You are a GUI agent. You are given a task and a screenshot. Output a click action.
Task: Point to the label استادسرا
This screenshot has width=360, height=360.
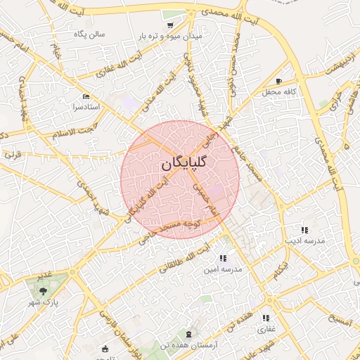point(67,108)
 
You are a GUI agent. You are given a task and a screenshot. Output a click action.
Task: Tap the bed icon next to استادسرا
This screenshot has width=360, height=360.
point(86,96)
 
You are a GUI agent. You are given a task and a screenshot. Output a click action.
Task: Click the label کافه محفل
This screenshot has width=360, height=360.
point(278,92)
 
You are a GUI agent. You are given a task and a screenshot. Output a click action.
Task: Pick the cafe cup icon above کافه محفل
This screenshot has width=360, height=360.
point(279,81)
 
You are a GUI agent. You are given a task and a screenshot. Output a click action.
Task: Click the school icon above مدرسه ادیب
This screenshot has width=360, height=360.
point(304,230)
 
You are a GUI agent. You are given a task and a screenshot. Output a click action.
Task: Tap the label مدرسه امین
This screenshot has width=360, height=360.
point(222,269)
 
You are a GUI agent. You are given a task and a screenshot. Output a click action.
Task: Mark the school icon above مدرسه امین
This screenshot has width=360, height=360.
point(223,258)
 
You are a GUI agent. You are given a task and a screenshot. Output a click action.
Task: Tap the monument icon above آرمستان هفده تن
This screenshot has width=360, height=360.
point(188,332)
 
